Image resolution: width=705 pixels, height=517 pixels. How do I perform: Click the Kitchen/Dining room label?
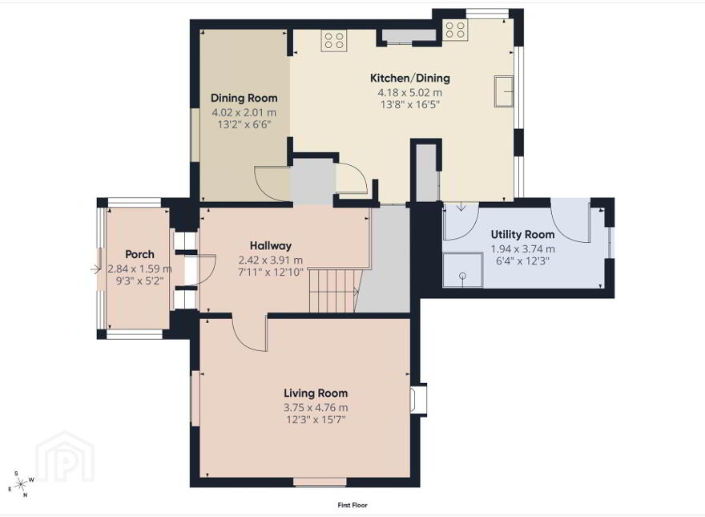409,79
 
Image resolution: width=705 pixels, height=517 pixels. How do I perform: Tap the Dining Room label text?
244,98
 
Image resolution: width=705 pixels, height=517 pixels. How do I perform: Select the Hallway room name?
271,246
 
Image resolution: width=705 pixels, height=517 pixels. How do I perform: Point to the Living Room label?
316,394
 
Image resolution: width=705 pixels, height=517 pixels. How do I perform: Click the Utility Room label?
522,234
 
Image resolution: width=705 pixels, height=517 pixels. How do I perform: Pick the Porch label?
139,254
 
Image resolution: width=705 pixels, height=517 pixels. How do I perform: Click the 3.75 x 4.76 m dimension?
316,408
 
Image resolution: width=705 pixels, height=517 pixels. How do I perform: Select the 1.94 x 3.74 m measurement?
522,248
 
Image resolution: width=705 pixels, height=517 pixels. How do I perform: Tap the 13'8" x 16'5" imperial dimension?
409,105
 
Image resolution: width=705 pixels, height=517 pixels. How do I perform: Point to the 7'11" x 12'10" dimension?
271,273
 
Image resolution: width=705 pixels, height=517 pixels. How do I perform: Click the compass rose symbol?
21,485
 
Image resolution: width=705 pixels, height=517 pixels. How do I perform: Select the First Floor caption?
352,505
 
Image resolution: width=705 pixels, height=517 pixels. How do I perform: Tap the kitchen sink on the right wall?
504,91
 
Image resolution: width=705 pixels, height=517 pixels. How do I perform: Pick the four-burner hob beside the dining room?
334,39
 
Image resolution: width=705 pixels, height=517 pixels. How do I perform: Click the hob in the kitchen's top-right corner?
455,30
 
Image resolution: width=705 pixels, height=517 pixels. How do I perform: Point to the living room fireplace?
418,399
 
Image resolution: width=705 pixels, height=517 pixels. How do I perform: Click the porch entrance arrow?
96,269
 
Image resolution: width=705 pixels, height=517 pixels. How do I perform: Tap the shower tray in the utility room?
463,270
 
